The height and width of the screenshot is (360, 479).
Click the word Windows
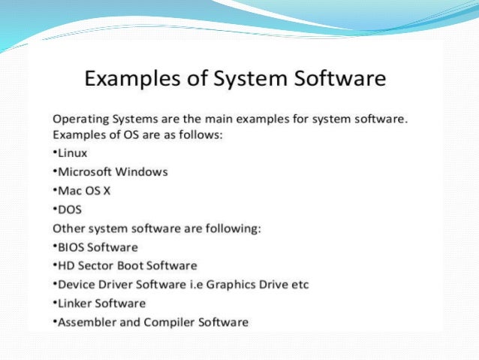(x=143, y=171)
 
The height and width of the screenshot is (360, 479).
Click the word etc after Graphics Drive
(x=299, y=285)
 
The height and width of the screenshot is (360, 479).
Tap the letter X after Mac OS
(x=107, y=190)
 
